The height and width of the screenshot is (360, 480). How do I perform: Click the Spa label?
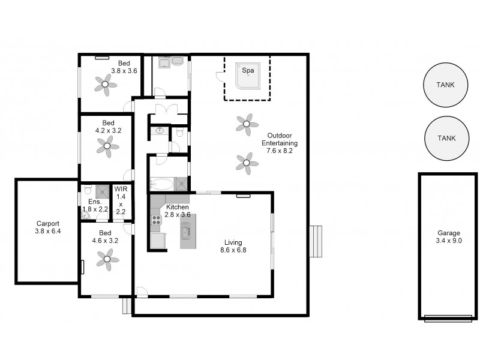click(x=247, y=70)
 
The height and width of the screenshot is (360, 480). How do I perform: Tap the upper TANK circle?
click(x=446, y=85)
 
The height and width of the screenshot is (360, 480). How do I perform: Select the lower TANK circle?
click(x=446, y=138)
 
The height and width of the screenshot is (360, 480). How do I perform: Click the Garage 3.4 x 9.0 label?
click(x=448, y=236)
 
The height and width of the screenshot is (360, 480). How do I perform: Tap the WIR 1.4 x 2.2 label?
click(x=121, y=200)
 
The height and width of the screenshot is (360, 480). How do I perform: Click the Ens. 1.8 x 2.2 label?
click(x=95, y=205)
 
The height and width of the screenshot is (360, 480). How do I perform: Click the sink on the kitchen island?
click(x=186, y=230)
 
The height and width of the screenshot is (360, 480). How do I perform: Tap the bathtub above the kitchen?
click(x=161, y=184)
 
